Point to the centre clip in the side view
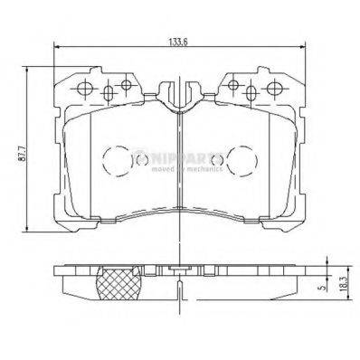pyautogui.click(x=180, y=270)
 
